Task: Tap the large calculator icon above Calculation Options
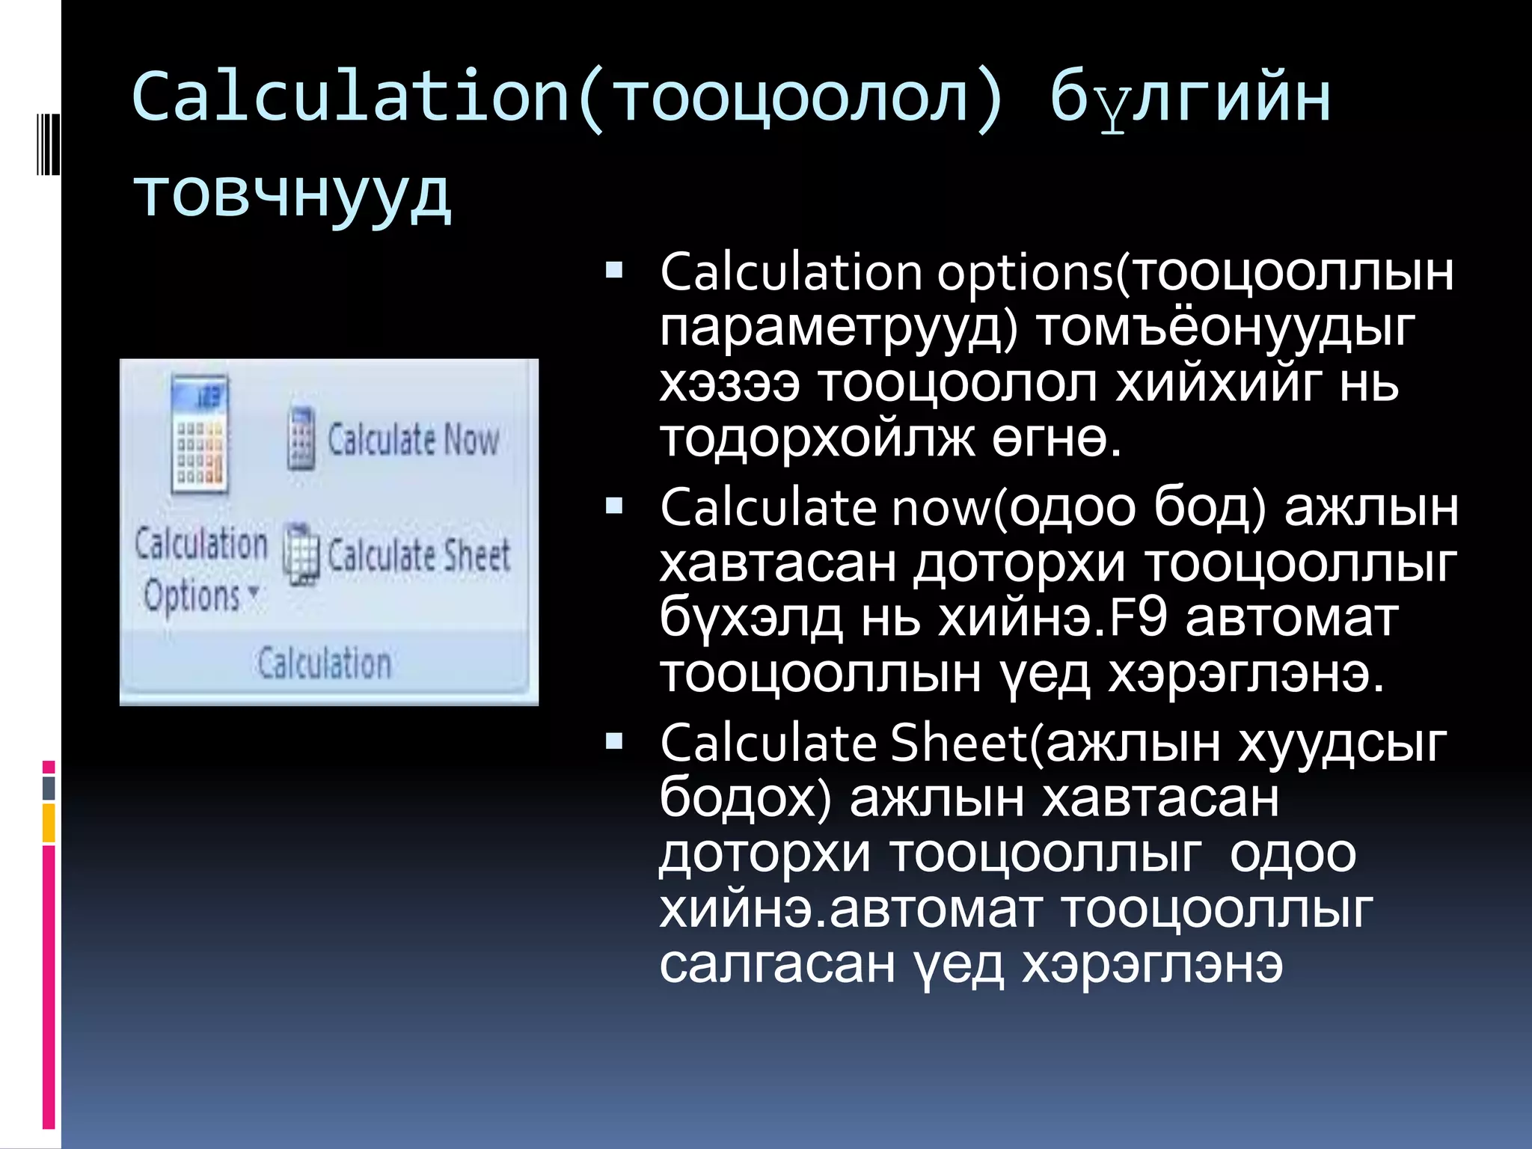pos(199,434)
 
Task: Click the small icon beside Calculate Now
pos(301,439)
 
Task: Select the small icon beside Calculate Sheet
pos(301,554)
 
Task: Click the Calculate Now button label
pos(413,439)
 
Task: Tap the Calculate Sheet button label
pos(419,555)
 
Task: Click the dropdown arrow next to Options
pos(254,592)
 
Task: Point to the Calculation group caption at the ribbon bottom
pos(324,664)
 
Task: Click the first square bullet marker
pos(614,270)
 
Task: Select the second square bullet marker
pos(614,506)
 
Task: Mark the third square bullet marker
pos(614,741)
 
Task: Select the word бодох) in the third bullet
pos(745,797)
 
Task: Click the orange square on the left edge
pos(49,823)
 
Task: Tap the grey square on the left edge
pos(49,788)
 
